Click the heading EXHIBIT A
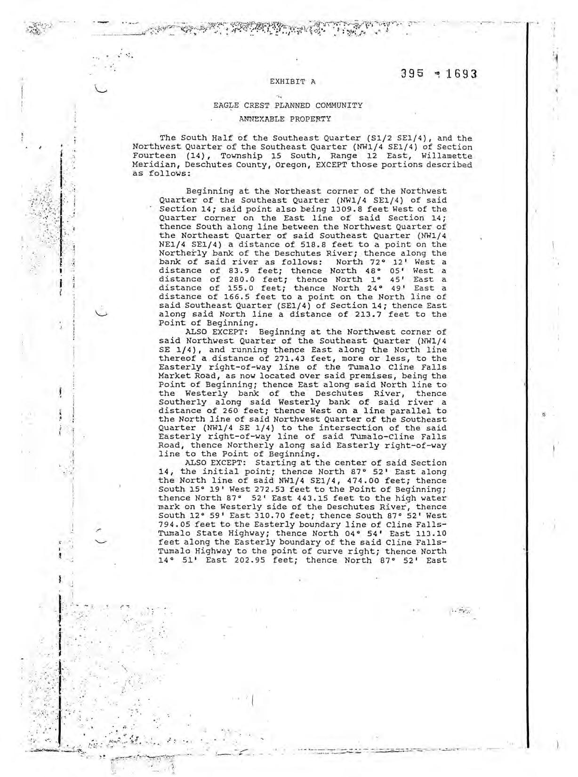[292, 81]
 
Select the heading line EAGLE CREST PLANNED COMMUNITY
[288, 105]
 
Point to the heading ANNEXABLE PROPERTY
[285, 119]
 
